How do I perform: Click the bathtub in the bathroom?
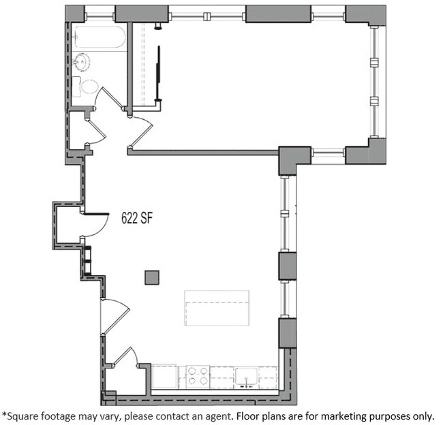[x=100, y=37]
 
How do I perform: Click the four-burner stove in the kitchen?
[x=198, y=376]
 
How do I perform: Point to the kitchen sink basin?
[x=246, y=375]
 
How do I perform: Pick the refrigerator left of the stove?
[x=164, y=376]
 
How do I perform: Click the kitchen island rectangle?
[x=217, y=308]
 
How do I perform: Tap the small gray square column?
[x=152, y=277]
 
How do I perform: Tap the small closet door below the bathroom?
[x=94, y=129]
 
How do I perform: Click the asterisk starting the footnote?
[x=4, y=413]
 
